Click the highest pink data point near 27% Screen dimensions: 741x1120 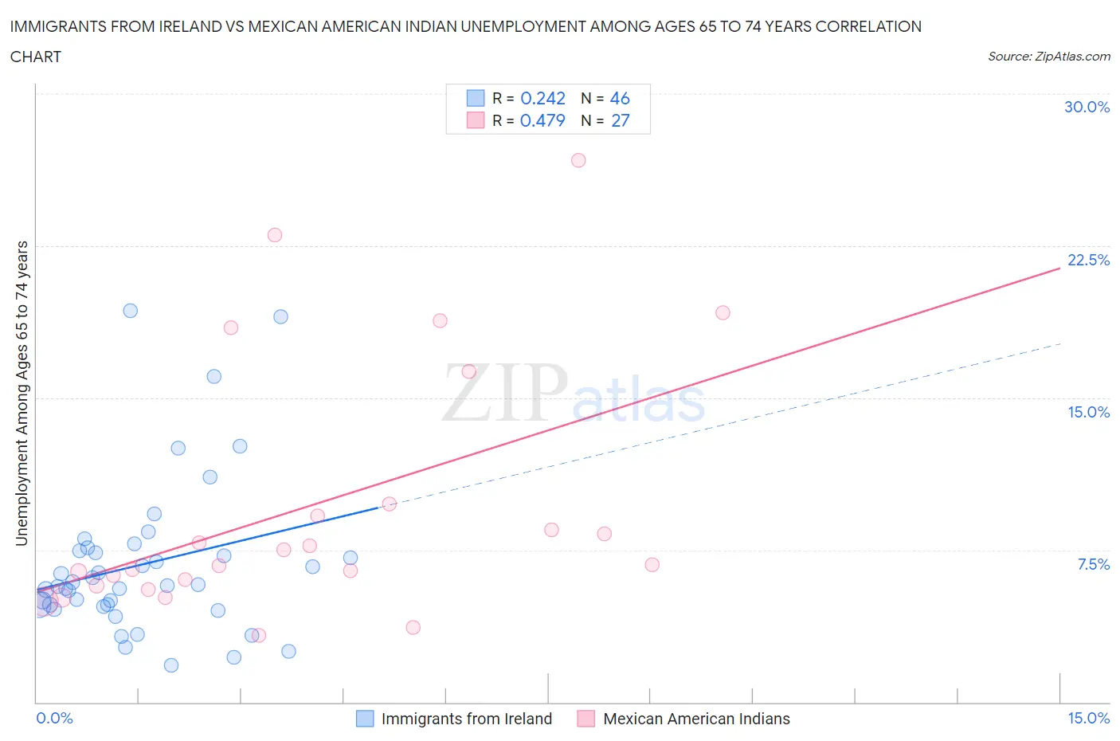tap(578, 160)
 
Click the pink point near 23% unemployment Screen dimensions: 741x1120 tap(275, 235)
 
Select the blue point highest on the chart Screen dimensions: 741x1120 tap(131, 311)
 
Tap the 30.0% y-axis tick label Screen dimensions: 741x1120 tap(1087, 107)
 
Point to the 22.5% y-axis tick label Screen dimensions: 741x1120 tap(1088, 260)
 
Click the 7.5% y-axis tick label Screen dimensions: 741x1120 tap(1093, 564)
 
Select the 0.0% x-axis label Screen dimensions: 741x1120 tap(55, 718)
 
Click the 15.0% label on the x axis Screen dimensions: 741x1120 tap(1088, 718)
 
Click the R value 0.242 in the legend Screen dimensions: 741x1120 tap(542, 98)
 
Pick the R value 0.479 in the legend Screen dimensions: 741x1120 tap(542, 120)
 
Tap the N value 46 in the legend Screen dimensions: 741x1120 tap(620, 98)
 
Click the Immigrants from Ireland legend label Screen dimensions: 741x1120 tap(466, 719)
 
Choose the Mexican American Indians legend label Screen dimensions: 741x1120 tap(696, 719)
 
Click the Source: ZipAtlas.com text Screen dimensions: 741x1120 tap(1048, 56)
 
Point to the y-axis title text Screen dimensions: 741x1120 tap(22, 394)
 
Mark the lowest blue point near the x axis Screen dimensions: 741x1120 tap(171, 665)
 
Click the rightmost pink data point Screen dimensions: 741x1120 tap(723, 312)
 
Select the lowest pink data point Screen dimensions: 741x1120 tap(259, 635)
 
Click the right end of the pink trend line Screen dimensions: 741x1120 tap(1059, 269)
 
